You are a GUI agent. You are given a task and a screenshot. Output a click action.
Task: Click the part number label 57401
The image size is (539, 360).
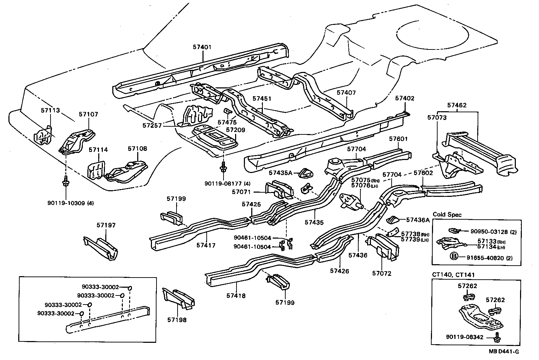coord(202,47)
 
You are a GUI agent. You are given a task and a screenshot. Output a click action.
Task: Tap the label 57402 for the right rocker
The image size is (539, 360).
coord(405,98)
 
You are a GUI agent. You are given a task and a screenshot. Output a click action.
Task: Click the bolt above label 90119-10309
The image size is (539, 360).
coord(66,182)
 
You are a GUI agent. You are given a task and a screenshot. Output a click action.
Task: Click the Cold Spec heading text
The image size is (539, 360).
coord(447,215)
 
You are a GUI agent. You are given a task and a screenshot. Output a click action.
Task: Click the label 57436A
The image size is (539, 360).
coord(418,220)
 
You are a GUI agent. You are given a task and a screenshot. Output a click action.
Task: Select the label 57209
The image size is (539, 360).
coord(235,130)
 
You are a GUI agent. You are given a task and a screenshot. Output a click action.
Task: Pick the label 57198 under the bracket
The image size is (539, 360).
coord(177,320)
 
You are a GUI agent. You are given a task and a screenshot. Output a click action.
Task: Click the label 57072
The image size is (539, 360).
coord(382,273)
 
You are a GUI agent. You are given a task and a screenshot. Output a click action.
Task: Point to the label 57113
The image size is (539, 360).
coord(51,110)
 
